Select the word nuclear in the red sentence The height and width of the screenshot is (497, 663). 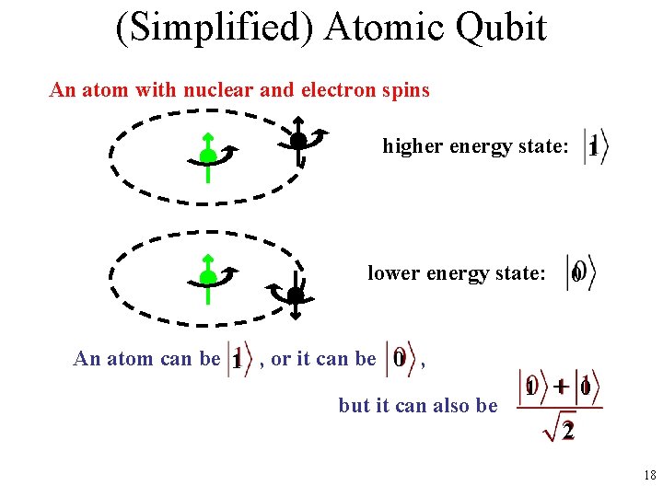point(219,90)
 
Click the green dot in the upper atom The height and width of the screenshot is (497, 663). point(208,156)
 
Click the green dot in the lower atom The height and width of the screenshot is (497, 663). point(208,277)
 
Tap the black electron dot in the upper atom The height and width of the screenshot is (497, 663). point(297,141)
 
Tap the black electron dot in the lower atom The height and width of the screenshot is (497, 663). point(295,295)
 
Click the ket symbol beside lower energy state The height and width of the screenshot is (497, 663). point(580,272)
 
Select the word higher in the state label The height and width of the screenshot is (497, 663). point(412,147)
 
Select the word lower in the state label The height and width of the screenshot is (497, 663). point(392,273)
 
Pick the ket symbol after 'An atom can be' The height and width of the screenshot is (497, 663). point(238,358)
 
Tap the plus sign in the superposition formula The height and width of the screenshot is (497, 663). point(561,387)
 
